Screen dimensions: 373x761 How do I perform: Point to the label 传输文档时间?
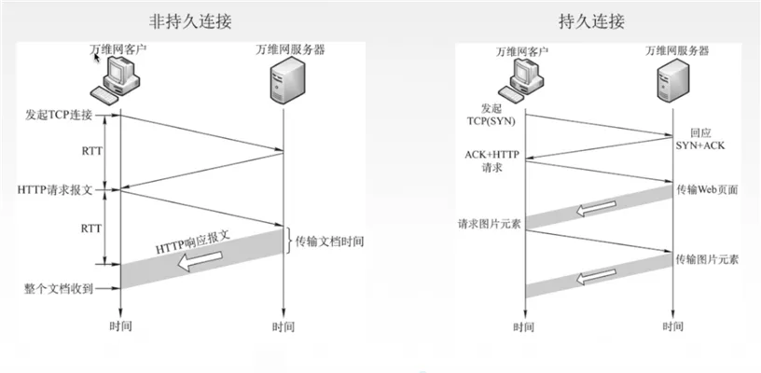coord(329,241)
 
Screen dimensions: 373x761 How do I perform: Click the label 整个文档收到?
coord(59,288)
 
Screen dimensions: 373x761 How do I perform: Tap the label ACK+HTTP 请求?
coord(491,161)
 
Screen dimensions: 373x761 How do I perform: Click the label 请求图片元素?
coord(488,224)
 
